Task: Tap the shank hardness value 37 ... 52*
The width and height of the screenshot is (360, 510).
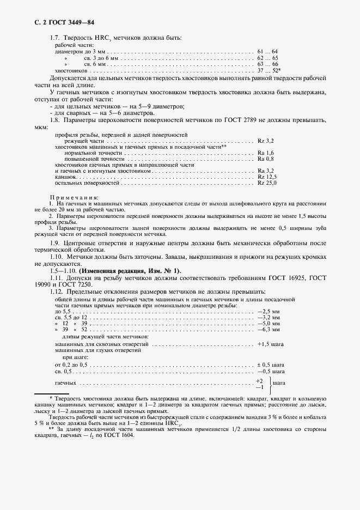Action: [x=269, y=70]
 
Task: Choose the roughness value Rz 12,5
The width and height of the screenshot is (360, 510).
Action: [x=268, y=177]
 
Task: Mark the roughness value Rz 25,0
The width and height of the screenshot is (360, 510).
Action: [x=268, y=183]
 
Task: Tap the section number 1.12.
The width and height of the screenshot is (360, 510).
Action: [x=57, y=292]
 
